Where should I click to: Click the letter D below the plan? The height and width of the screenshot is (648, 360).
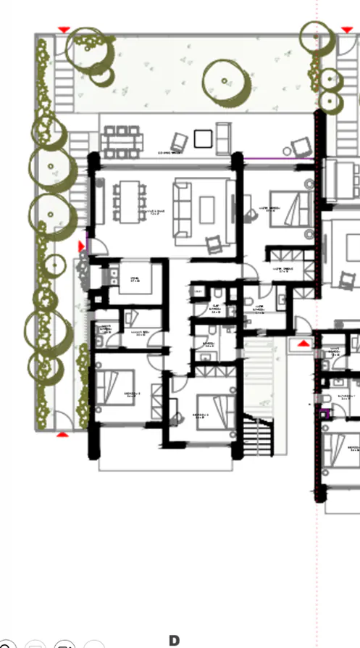pyautogui.click(x=174, y=640)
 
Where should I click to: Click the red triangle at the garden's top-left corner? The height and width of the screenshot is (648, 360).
pyautogui.click(x=64, y=29)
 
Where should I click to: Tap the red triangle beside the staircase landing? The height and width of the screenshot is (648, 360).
pyautogui.click(x=304, y=341)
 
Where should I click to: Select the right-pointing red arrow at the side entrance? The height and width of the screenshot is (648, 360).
pyautogui.click(x=81, y=247)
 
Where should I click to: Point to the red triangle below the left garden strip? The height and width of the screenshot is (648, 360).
pyautogui.click(x=62, y=434)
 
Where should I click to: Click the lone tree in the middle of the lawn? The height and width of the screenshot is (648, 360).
pyautogui.click(x=225, y=80)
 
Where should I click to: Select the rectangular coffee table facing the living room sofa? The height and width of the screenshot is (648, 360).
pyautogui.click(x=207, y=209)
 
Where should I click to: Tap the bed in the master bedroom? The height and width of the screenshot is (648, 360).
pyautogui.click(x=289, y=210)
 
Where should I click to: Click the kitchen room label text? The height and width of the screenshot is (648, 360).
pyautogui.click(x=135, y=279)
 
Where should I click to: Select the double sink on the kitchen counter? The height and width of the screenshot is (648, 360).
pyautogui.click(x=115, y=275)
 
